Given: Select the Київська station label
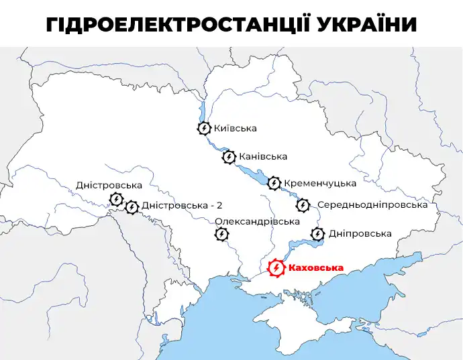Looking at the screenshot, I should click(235, 128).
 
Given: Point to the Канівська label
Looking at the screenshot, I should click(263, 157).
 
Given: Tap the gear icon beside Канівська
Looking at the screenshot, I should click(229, 157).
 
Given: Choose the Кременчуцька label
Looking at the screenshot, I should click(320, 182).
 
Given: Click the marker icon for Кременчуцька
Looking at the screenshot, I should click(274, 183).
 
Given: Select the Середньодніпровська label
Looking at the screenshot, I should click(372, 205).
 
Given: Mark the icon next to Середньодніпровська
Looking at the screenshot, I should click(303, 205).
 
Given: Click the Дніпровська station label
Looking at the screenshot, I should click(360, 234).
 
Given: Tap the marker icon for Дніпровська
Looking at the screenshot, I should click(318, 234).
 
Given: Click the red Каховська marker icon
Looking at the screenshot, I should click(276, 268).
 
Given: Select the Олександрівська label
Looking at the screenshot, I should click(257, 222).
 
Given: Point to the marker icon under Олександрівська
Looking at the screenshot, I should click(221, 234).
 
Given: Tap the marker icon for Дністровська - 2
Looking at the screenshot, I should click(132, 207).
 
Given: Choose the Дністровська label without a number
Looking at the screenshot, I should click(109, 184).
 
